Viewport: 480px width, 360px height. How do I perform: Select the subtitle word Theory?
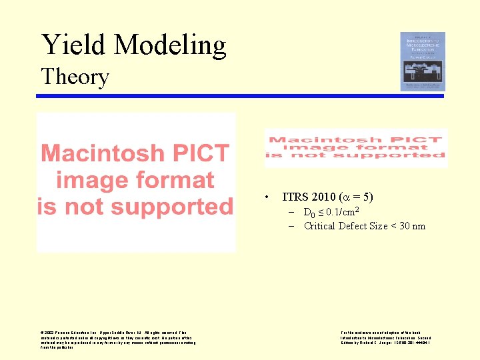[75, 77]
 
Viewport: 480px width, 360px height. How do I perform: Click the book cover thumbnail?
[422, 61]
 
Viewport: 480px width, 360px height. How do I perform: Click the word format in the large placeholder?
[175, 180]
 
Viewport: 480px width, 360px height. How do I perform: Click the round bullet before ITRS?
[267, 197]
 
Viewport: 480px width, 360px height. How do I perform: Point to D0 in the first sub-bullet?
[309, 213]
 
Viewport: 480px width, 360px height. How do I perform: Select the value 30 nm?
[411, 226]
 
